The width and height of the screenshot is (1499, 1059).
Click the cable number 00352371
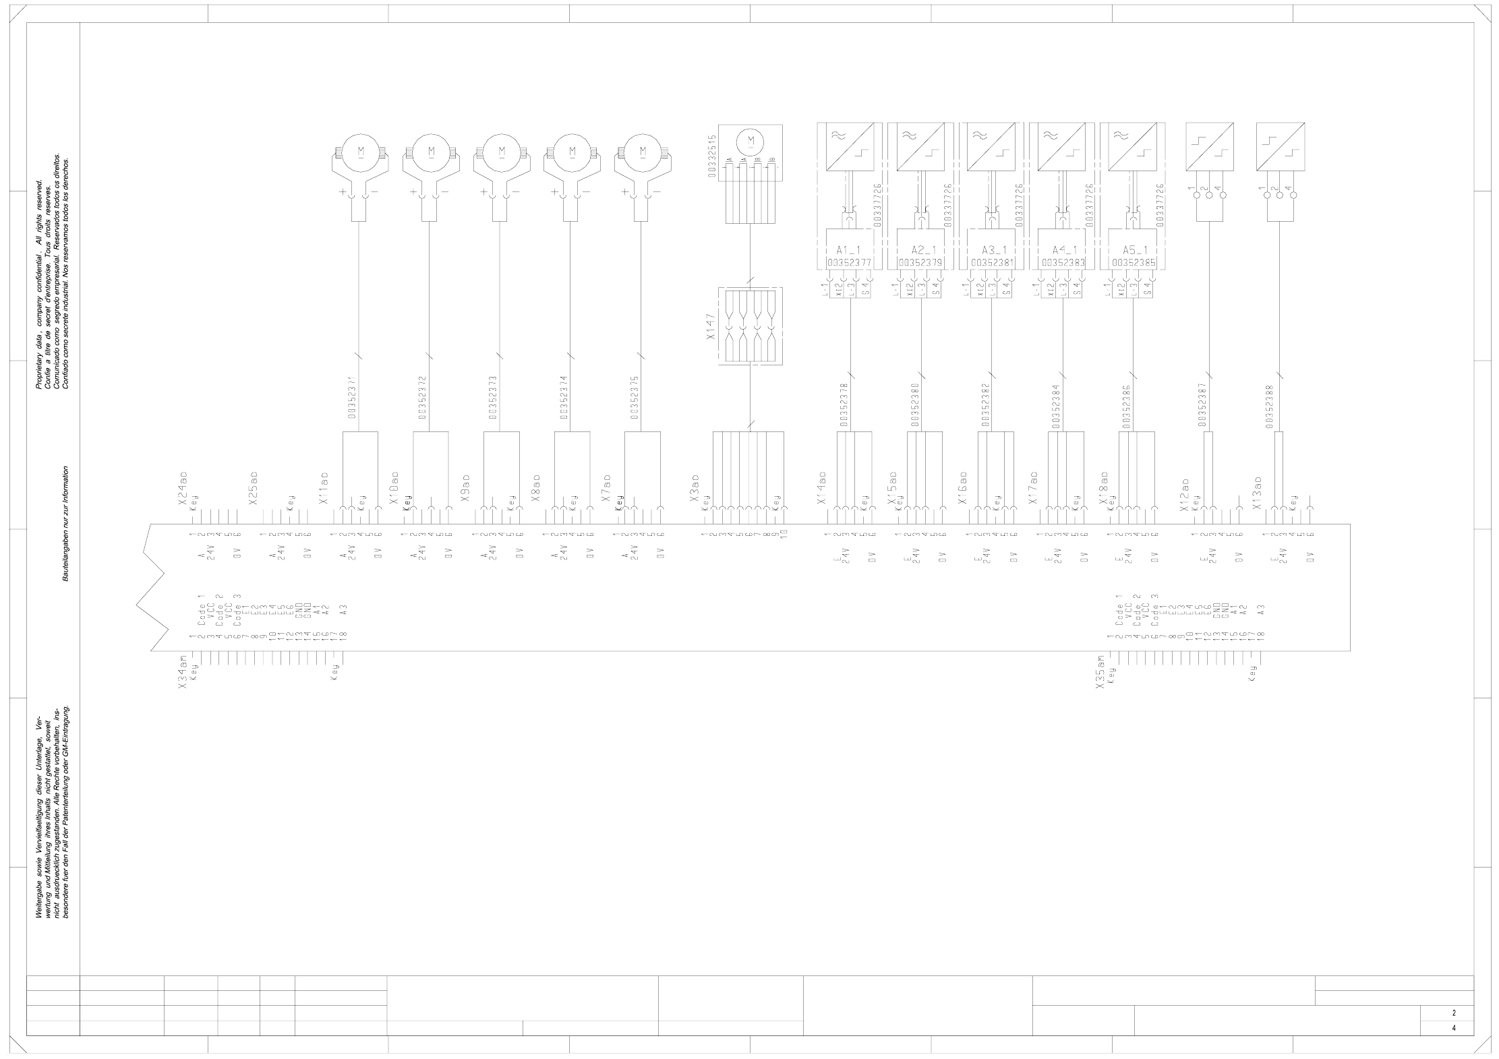[x=352, y=398]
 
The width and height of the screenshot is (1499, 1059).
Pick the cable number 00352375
[x=635, y=398]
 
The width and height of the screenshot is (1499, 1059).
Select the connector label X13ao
[x=1256, y=493]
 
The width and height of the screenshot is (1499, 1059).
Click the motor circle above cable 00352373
[x=501, y=150]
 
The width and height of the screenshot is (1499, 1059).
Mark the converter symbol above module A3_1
[x=990, y=146]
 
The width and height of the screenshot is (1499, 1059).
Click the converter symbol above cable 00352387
[x=1210, y=146]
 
